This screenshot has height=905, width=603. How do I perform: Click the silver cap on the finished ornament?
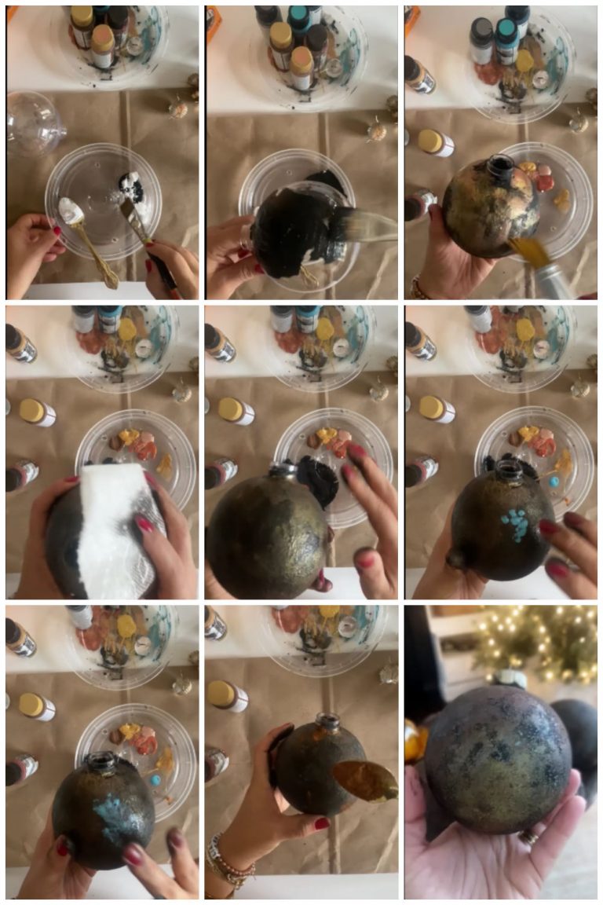[x=510, y=677]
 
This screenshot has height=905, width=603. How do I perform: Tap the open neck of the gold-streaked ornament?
[x=500, y=166]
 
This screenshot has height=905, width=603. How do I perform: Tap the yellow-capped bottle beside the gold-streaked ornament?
[x=435, y=142]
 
